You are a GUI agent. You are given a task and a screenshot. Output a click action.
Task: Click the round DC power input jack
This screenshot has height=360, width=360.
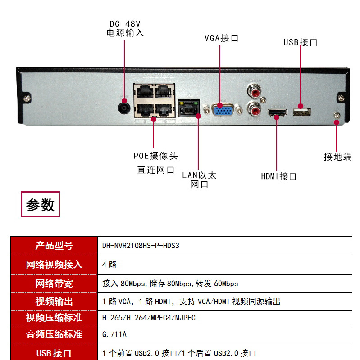pos(124,108)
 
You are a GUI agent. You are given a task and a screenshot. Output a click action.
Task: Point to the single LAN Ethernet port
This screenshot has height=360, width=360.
pos(188,108)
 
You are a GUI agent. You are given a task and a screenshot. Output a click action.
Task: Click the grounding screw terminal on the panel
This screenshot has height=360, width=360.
pos(336,116)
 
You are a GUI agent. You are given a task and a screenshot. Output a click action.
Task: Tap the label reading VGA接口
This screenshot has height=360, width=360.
pos(221,38)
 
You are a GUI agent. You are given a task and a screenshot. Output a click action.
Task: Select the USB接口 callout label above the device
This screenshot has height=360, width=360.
pos(301,43)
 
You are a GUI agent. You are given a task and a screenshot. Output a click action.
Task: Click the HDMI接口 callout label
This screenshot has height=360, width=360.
pos(279,176)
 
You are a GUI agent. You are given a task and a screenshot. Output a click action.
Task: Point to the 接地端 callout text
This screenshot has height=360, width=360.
pos(337,157)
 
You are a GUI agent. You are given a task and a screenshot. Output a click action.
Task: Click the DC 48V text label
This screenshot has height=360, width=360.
pos(125,23)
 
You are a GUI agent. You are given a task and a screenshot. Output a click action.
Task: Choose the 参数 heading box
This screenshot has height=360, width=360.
pos(41,205)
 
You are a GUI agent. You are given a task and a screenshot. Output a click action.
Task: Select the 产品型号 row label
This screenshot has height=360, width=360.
pos(54,246)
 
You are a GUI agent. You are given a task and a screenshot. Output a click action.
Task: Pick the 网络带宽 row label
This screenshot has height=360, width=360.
pos(54,283)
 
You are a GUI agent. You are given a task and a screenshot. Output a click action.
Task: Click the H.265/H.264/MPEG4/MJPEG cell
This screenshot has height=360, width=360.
pos(149,318)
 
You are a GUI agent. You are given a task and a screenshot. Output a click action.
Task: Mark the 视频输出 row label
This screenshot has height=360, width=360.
pos(54,301)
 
